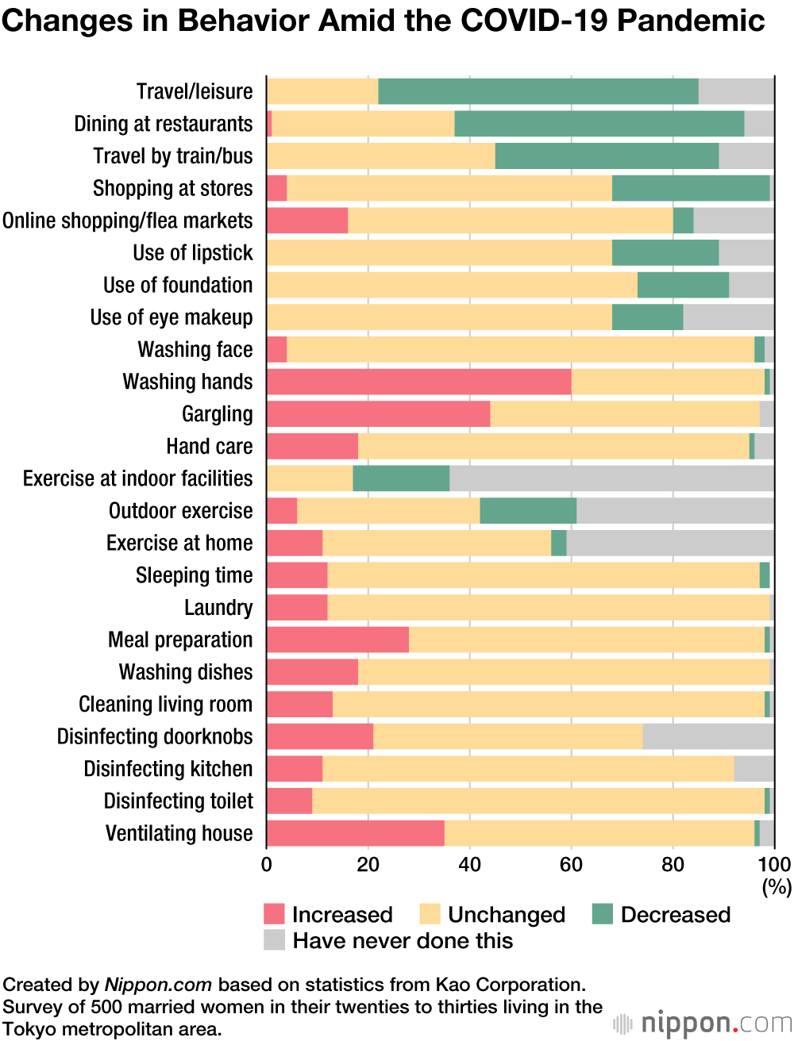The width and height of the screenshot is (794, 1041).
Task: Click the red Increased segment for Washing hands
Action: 418,382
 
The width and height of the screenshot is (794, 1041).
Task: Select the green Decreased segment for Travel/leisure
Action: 538,91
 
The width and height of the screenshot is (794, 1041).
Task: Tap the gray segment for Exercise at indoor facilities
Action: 611,478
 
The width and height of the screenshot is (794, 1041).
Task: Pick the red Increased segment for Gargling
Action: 378,414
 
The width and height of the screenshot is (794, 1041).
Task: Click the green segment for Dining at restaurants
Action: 599,124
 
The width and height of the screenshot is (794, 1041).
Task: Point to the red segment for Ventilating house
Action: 355,833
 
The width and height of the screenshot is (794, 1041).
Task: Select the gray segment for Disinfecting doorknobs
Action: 708,736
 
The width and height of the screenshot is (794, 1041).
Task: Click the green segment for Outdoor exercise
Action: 528,511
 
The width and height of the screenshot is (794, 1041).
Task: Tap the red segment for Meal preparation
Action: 337,640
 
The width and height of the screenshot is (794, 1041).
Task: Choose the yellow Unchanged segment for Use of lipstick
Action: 439,253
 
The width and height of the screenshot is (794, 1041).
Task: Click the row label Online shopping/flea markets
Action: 128,221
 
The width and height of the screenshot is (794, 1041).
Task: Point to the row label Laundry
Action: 218,608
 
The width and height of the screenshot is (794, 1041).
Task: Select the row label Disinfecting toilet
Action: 179,801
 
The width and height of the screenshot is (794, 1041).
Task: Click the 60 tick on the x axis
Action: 571,864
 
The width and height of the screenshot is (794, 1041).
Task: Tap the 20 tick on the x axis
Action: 368,864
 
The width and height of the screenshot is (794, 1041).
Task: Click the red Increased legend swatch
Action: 274,914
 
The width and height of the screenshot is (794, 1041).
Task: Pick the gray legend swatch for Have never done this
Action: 274,940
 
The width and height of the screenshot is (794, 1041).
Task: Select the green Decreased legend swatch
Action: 603,914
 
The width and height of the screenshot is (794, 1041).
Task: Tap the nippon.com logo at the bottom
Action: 703,1023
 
